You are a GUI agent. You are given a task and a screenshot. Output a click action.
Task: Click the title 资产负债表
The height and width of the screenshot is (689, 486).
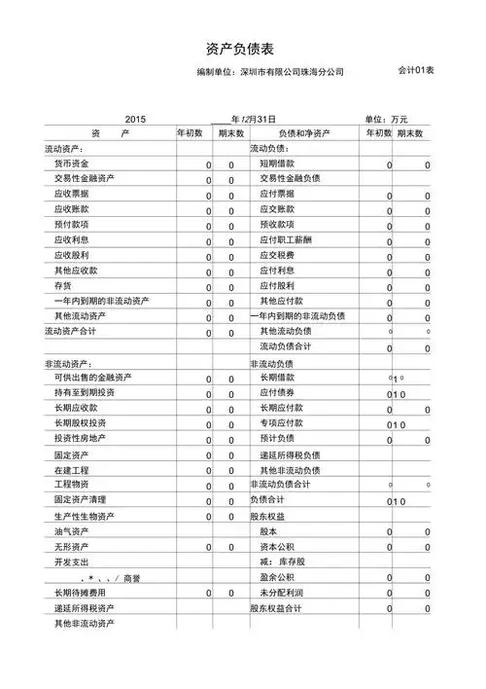[x=242, y=48]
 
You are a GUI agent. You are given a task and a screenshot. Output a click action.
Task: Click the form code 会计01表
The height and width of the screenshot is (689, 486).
[x=415, y=70]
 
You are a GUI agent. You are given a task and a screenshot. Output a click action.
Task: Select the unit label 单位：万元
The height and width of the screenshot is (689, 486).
[x=386, y=118]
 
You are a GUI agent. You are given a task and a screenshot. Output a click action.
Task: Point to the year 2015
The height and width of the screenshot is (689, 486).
[x=135, y=118]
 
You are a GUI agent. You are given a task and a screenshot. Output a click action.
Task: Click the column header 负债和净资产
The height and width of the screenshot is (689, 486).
[x=303, y=132]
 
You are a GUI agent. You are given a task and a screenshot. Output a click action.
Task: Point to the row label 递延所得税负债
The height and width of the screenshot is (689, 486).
[x=291, y=454]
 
